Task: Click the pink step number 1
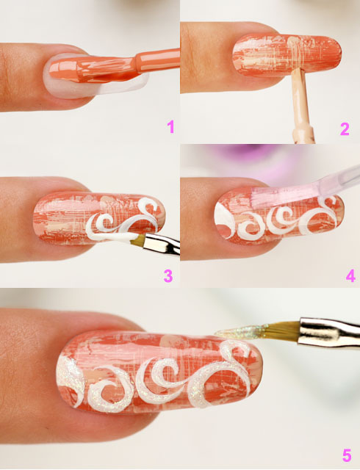point(170,126)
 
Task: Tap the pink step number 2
point(345,129)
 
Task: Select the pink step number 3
point(168,276)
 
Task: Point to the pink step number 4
point(350,276)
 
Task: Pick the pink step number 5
point(347,455)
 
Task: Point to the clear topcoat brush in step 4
point(300,192)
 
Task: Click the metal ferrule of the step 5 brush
point(329,332)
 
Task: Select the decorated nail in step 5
point(159,375)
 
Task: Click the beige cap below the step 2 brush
point(303,134)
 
